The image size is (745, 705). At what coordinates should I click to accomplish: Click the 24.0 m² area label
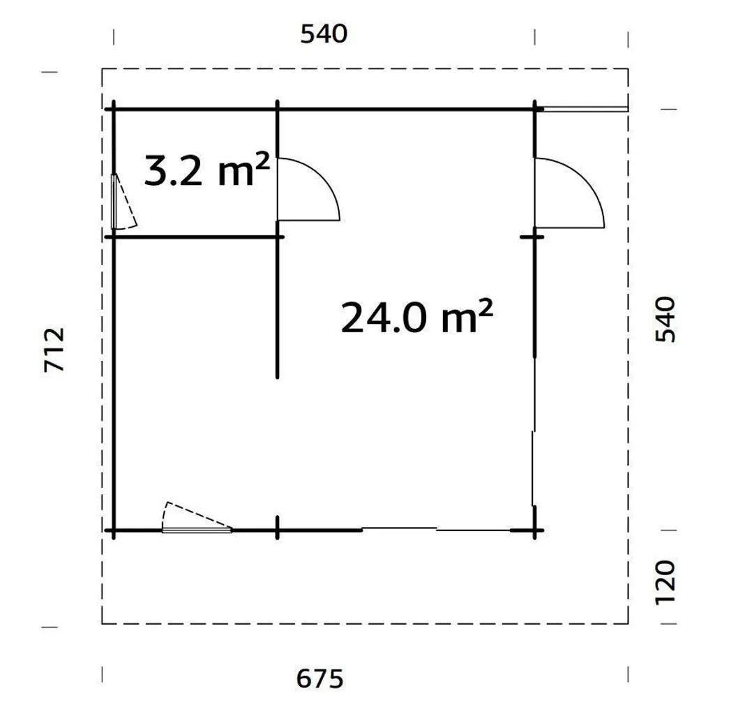click(x=416, y=318)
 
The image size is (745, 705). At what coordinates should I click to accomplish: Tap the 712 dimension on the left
click(x=54, y=349)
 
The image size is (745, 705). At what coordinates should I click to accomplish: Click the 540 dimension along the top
click(x=324, y=34)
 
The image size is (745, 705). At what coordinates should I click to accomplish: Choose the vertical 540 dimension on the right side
click(x=665, y=319)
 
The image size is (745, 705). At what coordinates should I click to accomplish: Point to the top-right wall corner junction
click(x=536, y=109)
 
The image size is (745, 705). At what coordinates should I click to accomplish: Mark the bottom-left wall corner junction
click(x=114, y=531)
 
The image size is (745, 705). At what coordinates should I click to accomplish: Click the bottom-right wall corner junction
click(x=536, y=531)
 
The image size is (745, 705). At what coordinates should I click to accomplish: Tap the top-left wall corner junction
click(x=114, y=109)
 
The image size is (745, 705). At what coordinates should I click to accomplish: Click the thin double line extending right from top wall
click(x=585, y=109)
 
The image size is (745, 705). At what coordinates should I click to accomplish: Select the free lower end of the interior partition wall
click(x=278, y=375)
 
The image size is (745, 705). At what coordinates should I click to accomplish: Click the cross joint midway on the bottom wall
click(x=278, y=531)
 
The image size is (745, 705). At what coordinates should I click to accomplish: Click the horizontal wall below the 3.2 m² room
click(x=195, y=237)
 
